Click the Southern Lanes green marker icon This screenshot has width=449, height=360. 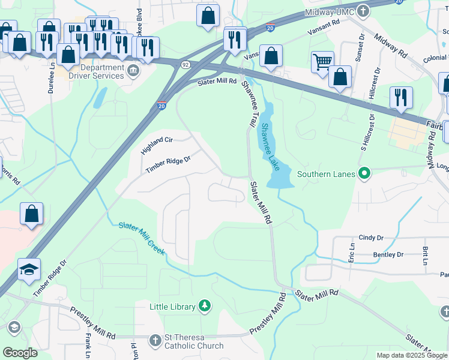[x=364, y=175]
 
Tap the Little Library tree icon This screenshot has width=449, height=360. [x=205, y=307]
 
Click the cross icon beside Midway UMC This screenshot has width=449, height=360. [x=363, y=11]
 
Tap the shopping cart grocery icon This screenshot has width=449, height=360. [x=322, y=61]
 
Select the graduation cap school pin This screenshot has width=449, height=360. [x=28, y=269]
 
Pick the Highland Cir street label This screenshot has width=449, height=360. [x=157, y=146]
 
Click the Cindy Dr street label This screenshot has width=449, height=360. [x=370, y=238]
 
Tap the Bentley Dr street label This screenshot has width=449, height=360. [x=388, y=255]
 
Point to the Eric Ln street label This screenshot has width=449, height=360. [x=352, y=254]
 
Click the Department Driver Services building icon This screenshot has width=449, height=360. [x=133, y=72]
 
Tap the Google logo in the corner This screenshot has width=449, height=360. [x=20, y=353]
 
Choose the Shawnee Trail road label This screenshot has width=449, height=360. [x=248, y=104]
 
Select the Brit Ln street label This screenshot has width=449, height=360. [x=424, y=256]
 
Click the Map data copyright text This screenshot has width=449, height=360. [x=412, y=355]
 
